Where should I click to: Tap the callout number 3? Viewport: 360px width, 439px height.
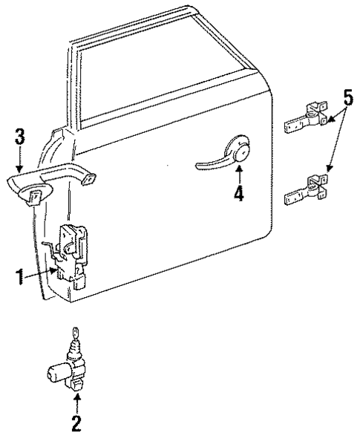point(20,137)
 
